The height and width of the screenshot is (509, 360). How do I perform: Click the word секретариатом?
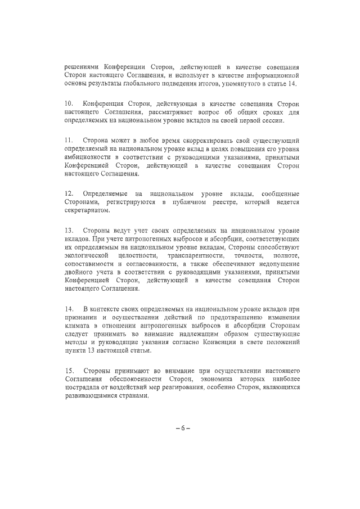(x=87, y=211)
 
